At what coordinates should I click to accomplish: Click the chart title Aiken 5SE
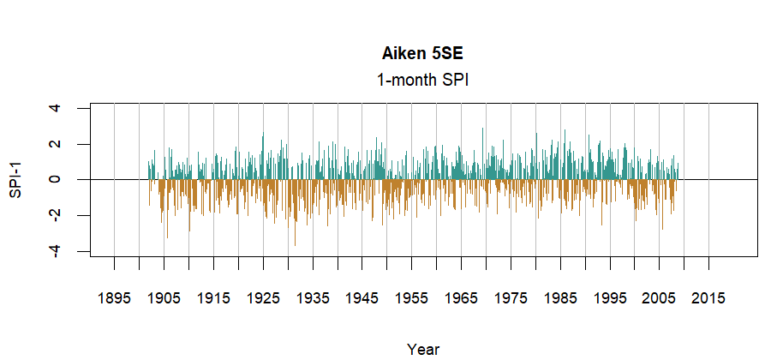[x=423, y=53]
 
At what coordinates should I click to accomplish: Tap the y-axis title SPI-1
[x=15, y=180]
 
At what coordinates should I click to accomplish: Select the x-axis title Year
[x=423, y=349]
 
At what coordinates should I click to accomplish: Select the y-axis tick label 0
[x=56, y=180]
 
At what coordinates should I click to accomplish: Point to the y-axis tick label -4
[x=56, y=249]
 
